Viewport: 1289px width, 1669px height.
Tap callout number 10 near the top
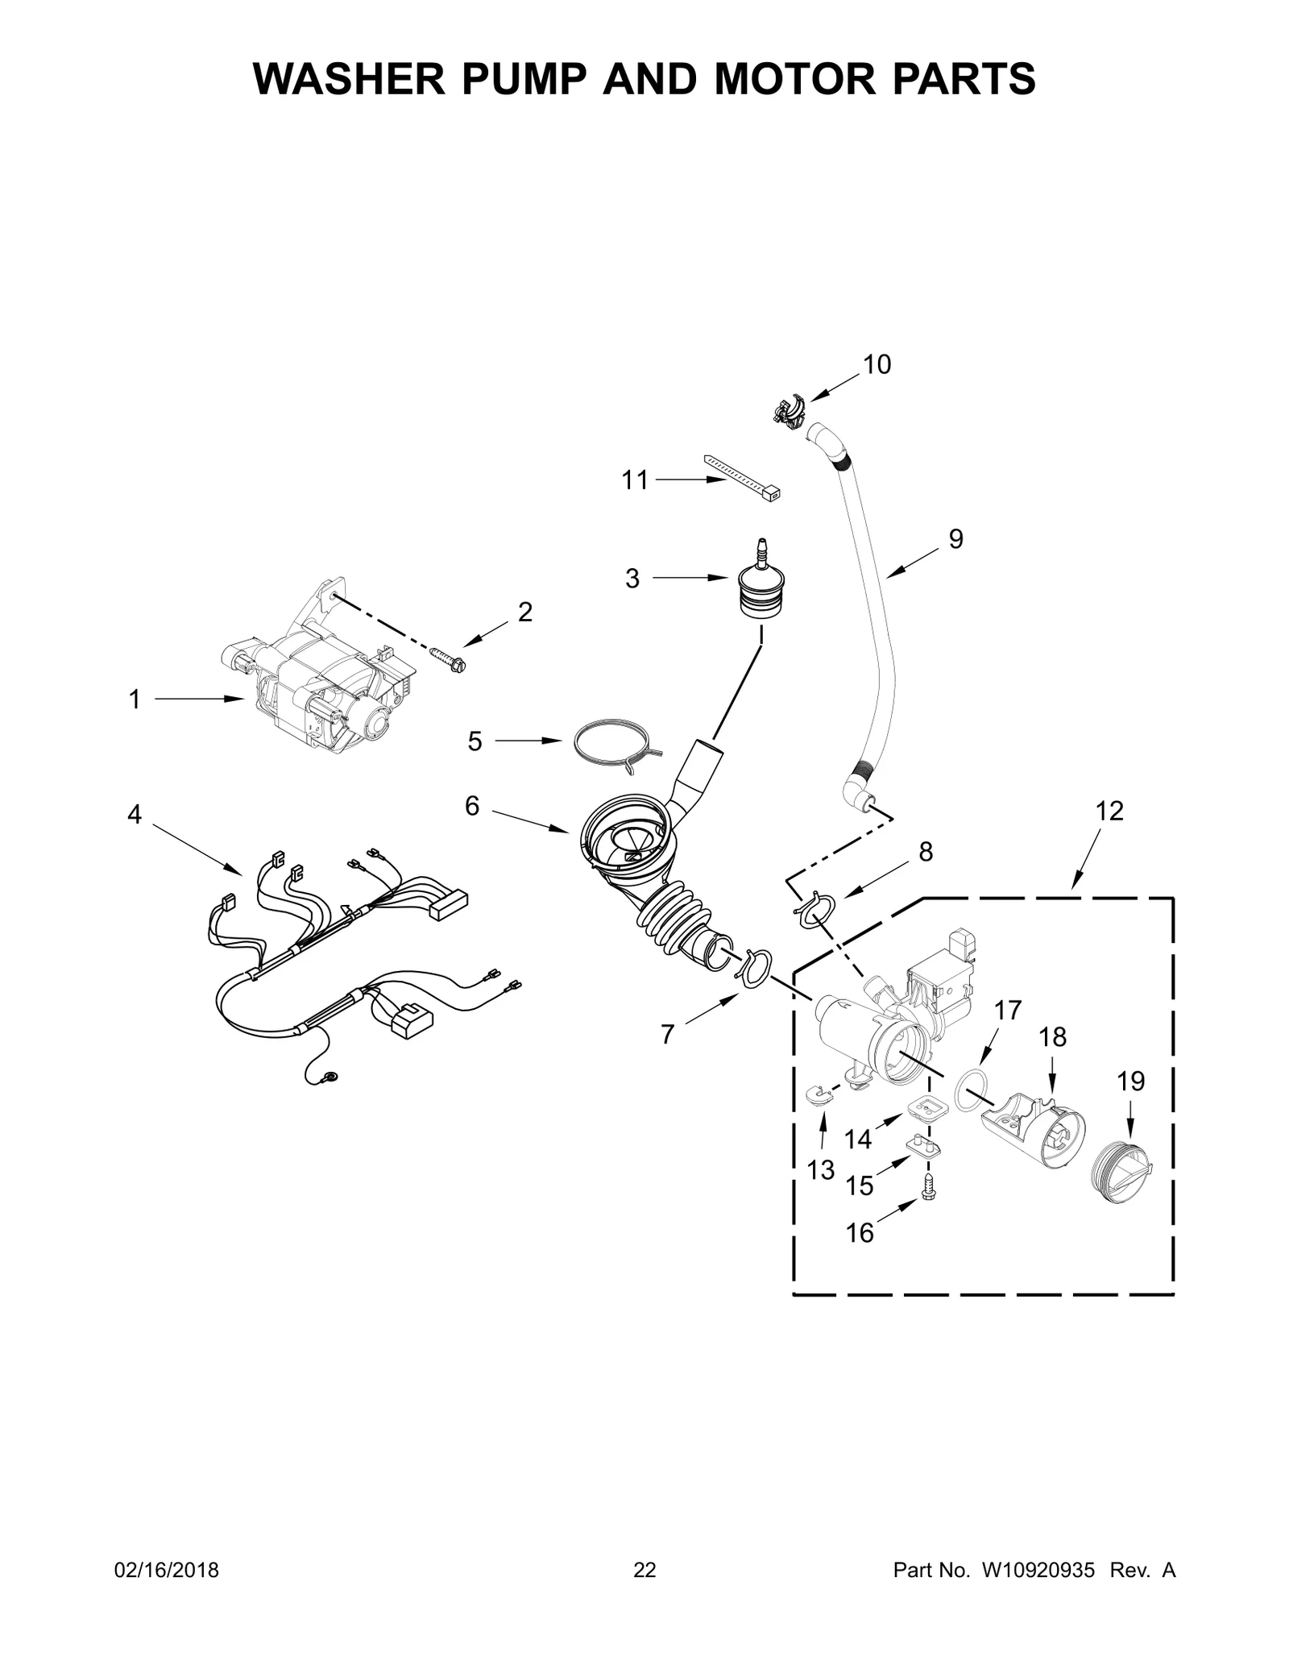coord(877,365)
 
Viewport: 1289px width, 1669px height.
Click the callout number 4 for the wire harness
coord(134,815)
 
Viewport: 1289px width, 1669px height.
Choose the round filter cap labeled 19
coord(1122,1173)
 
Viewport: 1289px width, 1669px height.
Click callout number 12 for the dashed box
coord(1109,811)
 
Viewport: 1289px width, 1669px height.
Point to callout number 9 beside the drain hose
coord(955,538)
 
